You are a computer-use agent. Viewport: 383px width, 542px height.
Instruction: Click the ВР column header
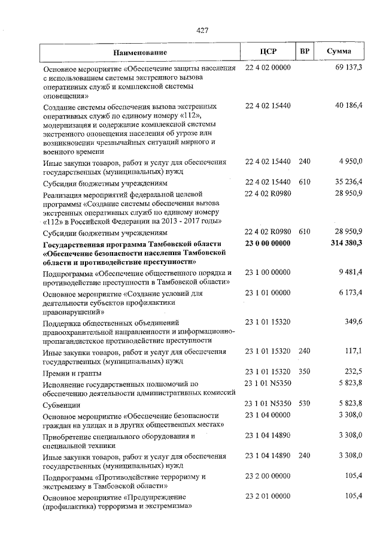(x=304, y=52)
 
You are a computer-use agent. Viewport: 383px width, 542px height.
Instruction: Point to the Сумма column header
(x=339, y=52)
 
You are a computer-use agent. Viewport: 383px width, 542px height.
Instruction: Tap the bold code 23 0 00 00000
(x=268, y=243)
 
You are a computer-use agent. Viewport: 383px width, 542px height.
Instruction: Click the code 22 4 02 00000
(x=268, y=68)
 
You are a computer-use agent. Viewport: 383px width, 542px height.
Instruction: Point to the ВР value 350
(x=304, y=371)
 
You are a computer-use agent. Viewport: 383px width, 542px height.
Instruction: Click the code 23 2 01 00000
(x=268, y=496)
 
